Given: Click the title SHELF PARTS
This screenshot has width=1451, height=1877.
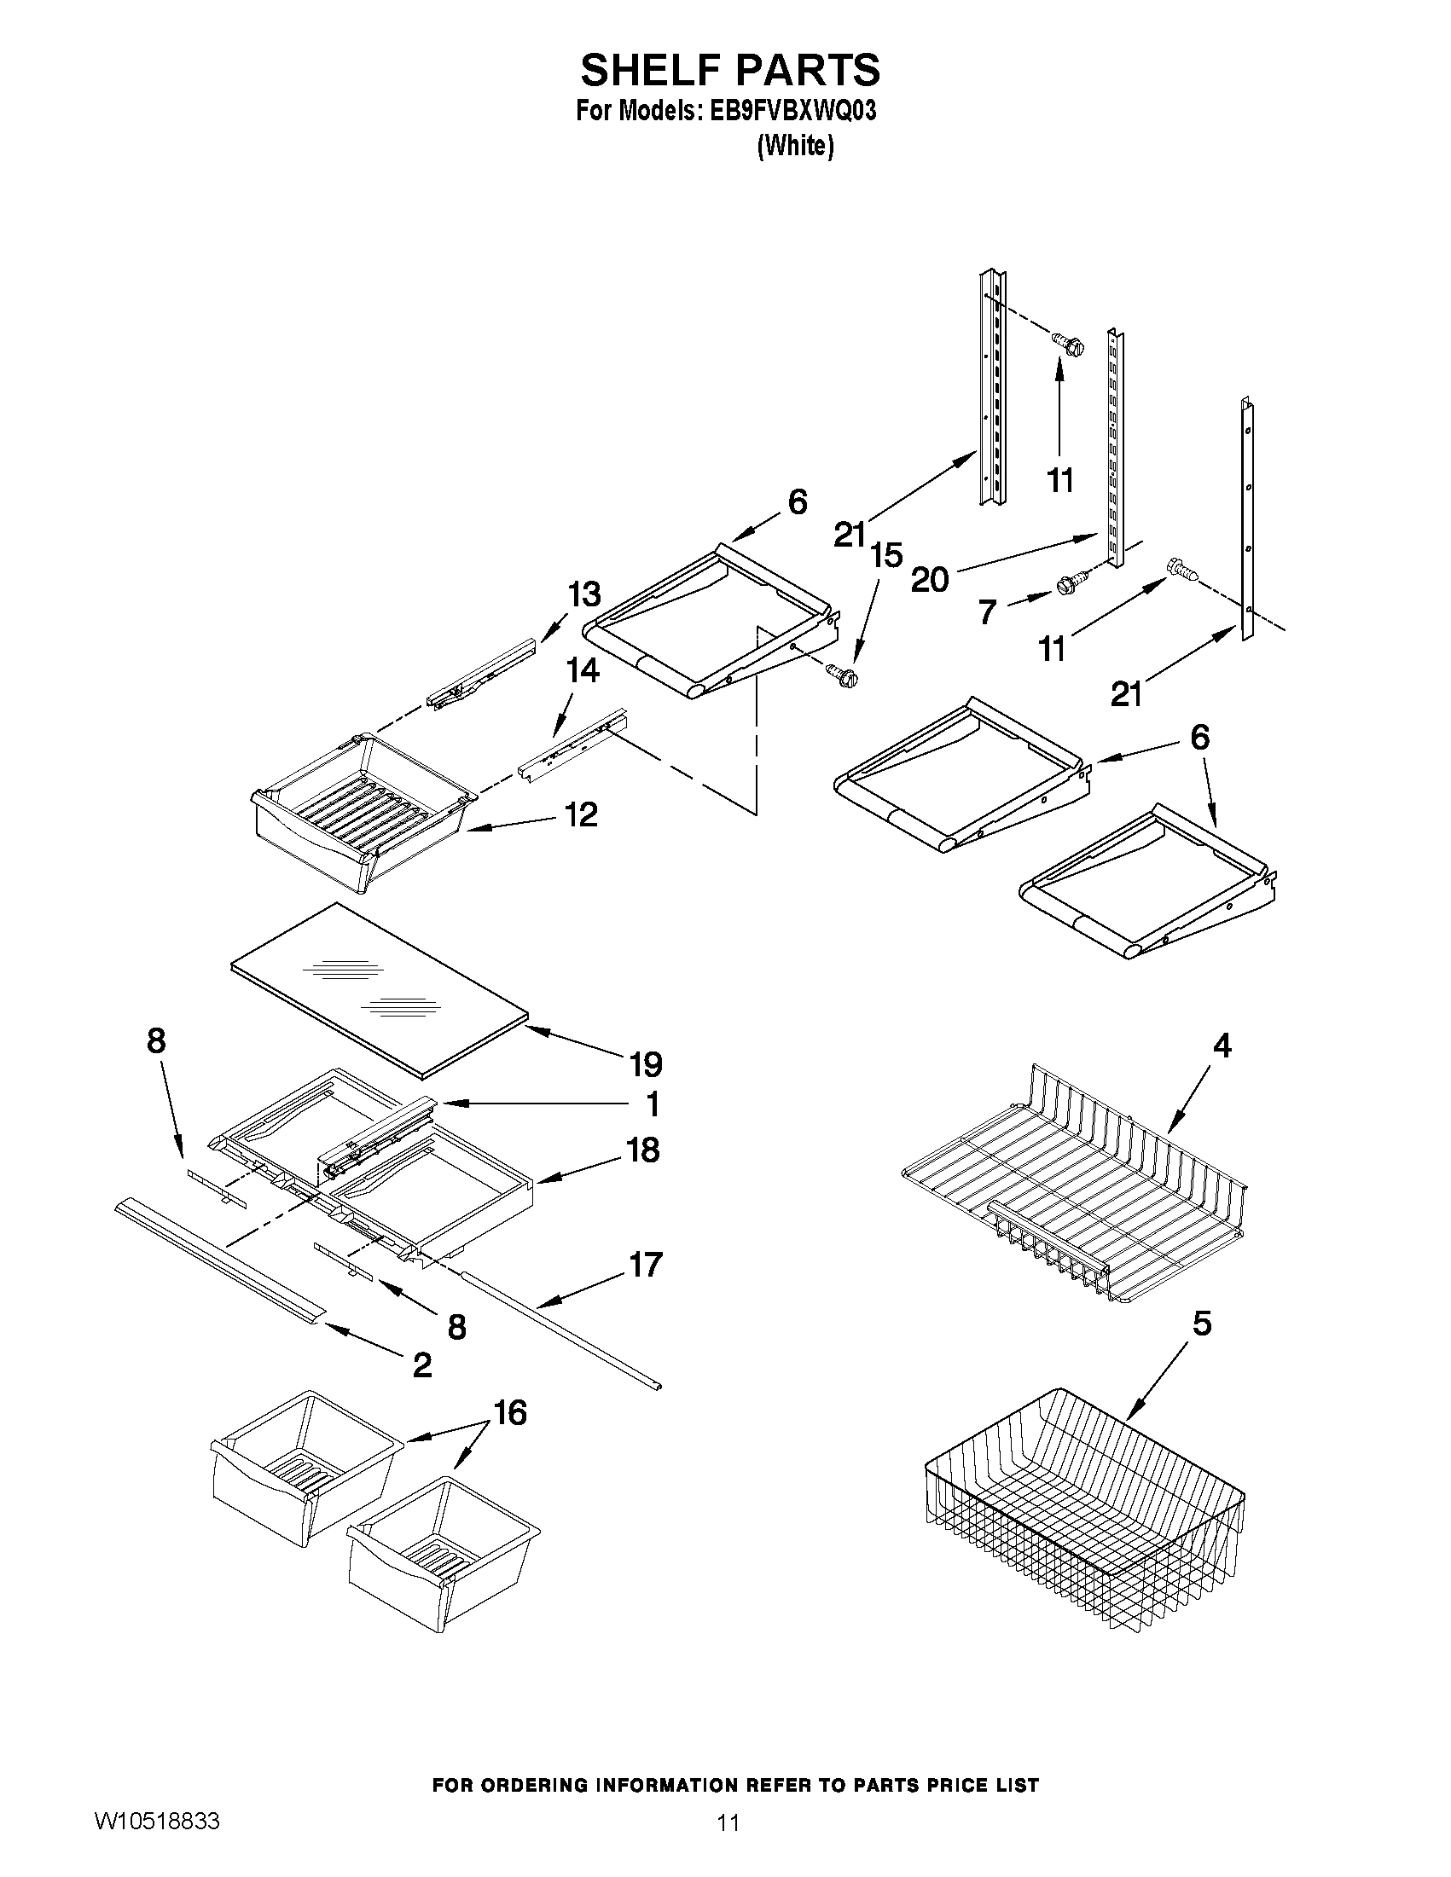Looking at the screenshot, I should point(730,70).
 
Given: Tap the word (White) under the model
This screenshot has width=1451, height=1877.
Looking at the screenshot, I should point(795,147).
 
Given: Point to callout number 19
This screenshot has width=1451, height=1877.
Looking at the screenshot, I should point(646,1064).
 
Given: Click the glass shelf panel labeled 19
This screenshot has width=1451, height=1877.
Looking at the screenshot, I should point(378,988).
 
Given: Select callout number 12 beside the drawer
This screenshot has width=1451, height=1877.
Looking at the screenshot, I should point(582,814).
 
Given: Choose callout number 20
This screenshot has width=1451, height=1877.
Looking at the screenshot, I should point(929,580).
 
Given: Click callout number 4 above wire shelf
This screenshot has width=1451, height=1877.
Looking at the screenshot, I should point(1222,1045).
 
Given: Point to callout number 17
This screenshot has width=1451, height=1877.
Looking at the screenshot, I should point(645,1264).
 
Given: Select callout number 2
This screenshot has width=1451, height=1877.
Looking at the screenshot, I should point(422,1364).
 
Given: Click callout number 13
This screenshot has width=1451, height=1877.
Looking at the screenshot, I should point(583,594).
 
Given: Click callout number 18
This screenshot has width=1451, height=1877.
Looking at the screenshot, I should point(643,1149).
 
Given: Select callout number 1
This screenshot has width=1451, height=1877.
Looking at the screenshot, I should point(653,1104).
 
